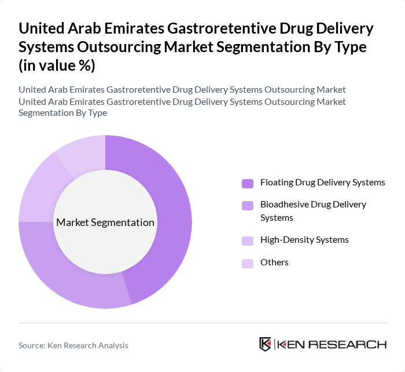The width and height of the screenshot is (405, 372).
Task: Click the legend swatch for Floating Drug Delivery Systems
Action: pos(248,184)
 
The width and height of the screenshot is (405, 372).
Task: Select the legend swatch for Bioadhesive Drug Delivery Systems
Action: pos(248,205)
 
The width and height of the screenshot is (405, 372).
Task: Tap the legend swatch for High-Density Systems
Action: pos(248,240)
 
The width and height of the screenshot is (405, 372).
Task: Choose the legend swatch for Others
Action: pos(248,264)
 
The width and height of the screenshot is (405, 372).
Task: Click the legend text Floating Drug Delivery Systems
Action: pos(322,183)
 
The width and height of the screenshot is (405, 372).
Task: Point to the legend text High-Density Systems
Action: pos(304,240)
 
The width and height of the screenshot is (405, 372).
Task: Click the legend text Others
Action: pos(274,262)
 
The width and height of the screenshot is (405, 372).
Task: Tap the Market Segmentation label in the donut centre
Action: pos(105,223)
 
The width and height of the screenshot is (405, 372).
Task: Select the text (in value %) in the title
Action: pos(57,65)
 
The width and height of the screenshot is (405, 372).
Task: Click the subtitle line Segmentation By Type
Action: pos(62,113)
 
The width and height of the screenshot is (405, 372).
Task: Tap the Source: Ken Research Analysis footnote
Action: pos(73,345)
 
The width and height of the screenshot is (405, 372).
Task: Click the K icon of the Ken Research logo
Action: pos(266,344)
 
